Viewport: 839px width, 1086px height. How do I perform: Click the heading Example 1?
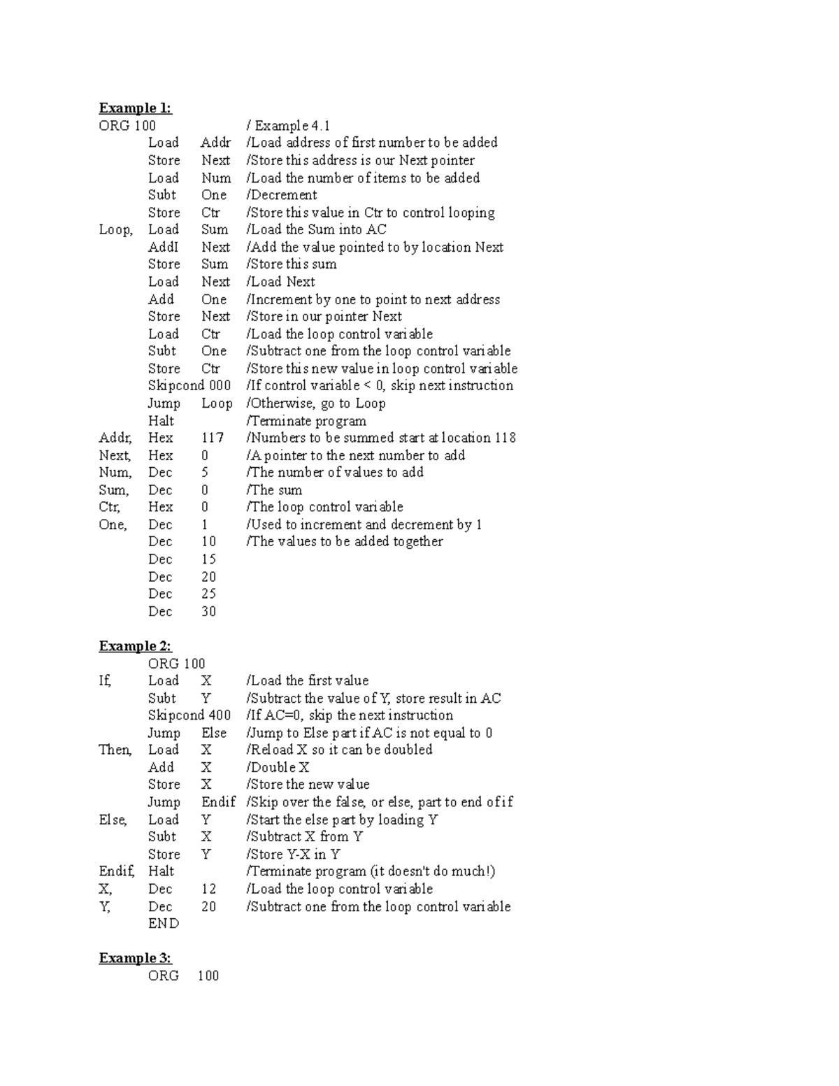(135, 108)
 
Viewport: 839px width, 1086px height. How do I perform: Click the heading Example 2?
(135, 646)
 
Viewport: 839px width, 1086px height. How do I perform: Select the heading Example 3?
(135, 958)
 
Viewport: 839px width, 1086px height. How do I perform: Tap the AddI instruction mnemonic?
(163, 247)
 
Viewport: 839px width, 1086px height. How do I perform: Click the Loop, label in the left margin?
(115, 229)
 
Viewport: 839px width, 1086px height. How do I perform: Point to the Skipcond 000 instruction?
(189, 385)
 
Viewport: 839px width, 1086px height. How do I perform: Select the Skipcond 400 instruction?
(189, 715)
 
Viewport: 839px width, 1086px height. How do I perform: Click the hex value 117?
(213, 438)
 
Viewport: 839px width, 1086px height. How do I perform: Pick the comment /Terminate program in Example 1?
(306, 421)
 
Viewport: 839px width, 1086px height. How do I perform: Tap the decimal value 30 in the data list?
(208, 611)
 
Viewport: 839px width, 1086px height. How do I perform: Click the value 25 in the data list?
(208, 594)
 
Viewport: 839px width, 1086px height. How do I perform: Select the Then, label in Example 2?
(115, 750)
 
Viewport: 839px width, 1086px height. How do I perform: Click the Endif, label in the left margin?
(117, 871)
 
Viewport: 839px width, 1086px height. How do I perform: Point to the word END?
(164, 924)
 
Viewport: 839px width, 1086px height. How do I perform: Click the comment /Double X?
(278, 767)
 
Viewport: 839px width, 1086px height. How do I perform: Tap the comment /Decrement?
(281, 195)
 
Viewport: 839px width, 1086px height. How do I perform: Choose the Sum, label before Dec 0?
(113, 490)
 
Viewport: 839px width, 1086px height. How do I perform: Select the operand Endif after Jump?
(218, 802)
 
